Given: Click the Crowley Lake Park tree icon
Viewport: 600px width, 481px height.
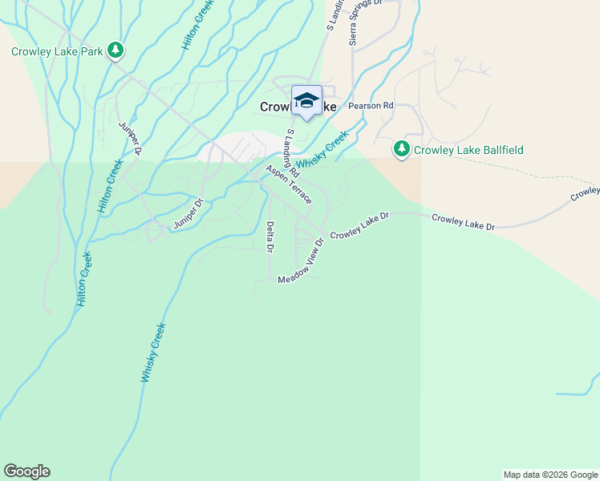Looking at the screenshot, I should pyautogui.click(x=116, y=51).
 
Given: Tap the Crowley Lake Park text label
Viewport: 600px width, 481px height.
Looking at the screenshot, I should pyautogui.click(x=58, y=51).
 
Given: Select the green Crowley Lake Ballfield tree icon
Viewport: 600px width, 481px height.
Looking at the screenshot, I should pyautogui.click(x=401, y=148).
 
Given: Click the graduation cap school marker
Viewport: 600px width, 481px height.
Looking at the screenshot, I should pyautogui.click(x=306, y=101).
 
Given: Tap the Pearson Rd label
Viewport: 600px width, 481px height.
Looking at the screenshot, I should pyautogui.click(x=371, y=105).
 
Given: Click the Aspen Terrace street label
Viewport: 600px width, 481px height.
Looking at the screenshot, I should pyautogui.click(x=289, y=185).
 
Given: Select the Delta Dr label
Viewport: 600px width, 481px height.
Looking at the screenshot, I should pyautogui.click(x=270, y=236).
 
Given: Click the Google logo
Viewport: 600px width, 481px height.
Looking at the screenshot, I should pyautogui.click(x=26, y=471).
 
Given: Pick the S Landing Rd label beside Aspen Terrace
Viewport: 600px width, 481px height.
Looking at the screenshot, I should pyautogui.click(x=292, y=152).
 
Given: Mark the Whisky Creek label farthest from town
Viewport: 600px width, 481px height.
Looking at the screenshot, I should pyautogui.click(x=153, y=351).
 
